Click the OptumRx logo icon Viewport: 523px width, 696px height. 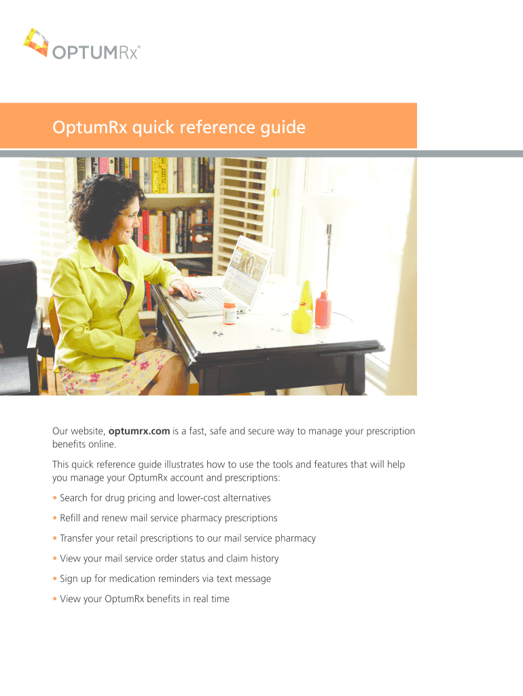pos(36,43)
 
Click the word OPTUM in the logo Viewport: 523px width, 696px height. pos(85,52)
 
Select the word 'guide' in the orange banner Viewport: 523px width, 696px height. pos(283,128)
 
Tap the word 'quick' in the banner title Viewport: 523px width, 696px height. pos(154,128)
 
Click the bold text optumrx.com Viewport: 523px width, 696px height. pos(139,431)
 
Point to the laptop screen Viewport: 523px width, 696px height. pos(247,273)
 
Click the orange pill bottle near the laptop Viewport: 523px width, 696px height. pos(230,313)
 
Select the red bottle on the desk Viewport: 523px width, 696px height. pos(323,309)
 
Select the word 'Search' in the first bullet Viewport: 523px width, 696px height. pos(73,498)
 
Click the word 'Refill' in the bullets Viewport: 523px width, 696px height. pos(70,518)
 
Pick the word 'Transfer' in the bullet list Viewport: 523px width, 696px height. pos(76,538)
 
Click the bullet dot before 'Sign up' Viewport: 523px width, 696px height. pos(55,579)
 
